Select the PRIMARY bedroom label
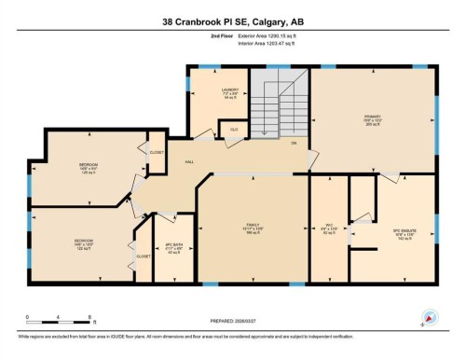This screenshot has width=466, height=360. click(x=374, y=118)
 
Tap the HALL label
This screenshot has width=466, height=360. click(x=190, y=161)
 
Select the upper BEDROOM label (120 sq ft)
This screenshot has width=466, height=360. click(x=89, y=167)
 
